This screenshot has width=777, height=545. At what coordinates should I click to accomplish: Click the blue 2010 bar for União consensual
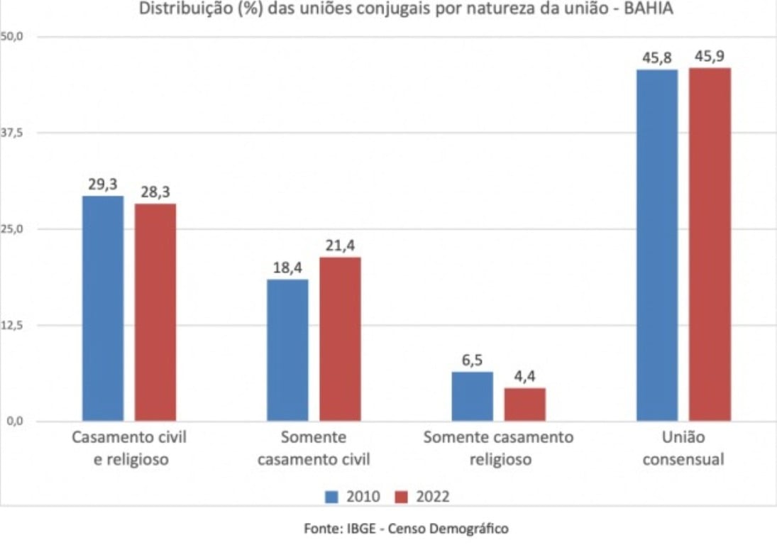pyautogui.click(x=656, y=245)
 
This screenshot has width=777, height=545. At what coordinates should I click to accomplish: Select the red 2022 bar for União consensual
pyautogui.click(x=710, y=245)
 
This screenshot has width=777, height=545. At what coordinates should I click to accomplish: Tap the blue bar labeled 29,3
pyautogui.click(x=103, y=309)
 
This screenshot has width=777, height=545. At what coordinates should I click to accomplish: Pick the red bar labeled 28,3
pyautogui.click(x=155, y=312)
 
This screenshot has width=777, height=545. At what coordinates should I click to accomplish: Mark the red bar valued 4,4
pyautogui.click(x=525, y=404)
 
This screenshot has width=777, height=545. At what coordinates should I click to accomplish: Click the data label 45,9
pyautogui.click(x=710, y=57)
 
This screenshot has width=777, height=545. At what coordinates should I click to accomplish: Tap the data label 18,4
pyautogui.click(x=287, y=268)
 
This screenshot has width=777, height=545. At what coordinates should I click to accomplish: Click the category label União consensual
pyautogui.click(x=683, y=448)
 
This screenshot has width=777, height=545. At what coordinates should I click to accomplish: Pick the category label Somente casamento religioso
pyautogui.click(x=499, y=448)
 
